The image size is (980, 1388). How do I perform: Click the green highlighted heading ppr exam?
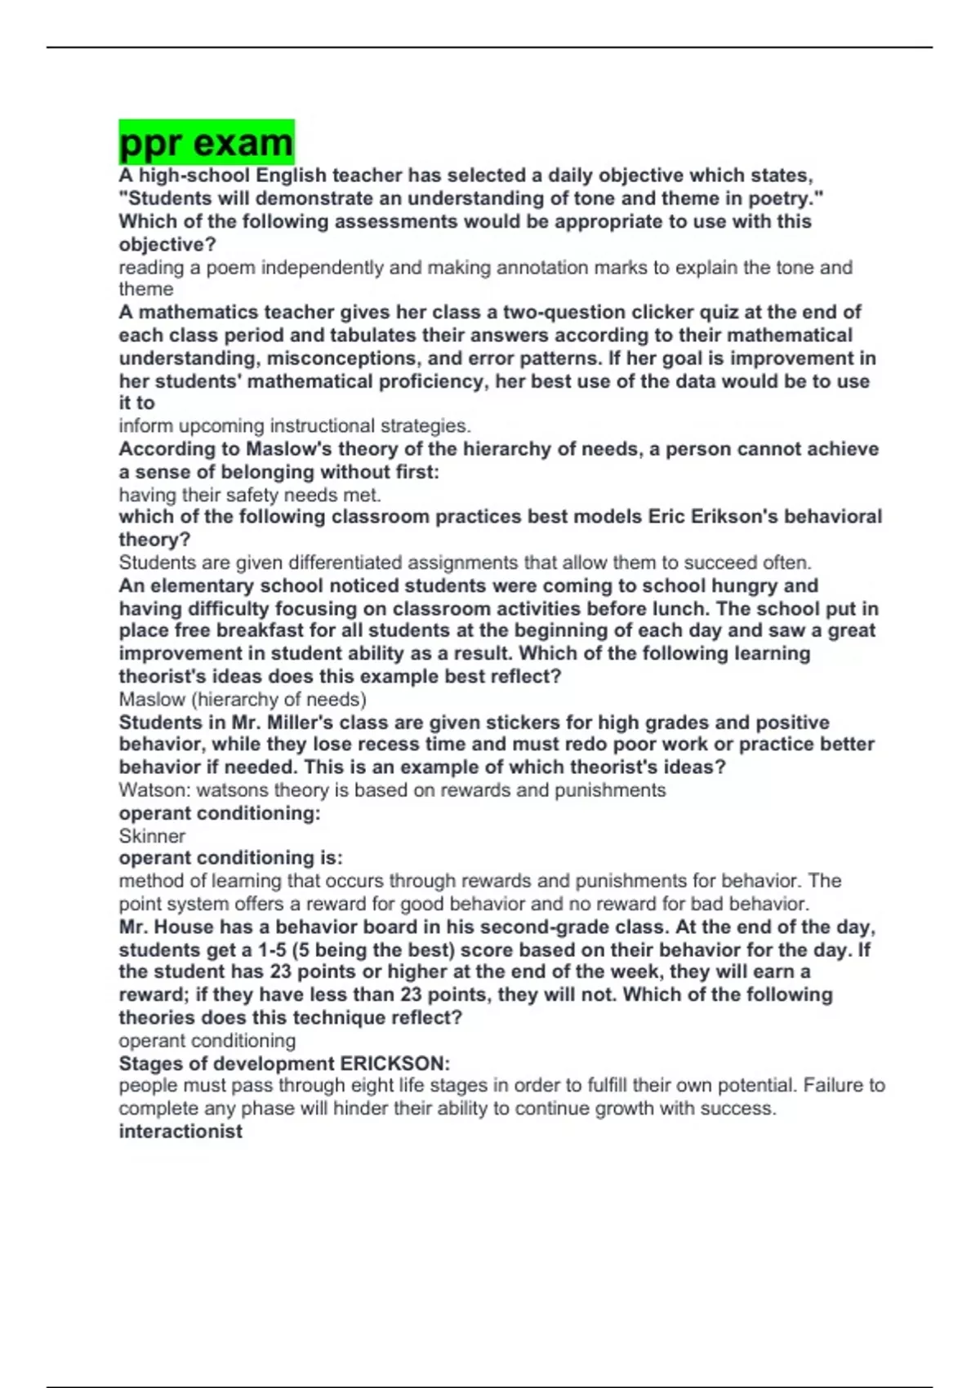coord(206,143)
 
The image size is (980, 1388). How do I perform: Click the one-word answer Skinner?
coord(152,836)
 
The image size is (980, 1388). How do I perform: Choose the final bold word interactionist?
coord(180,1132)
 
